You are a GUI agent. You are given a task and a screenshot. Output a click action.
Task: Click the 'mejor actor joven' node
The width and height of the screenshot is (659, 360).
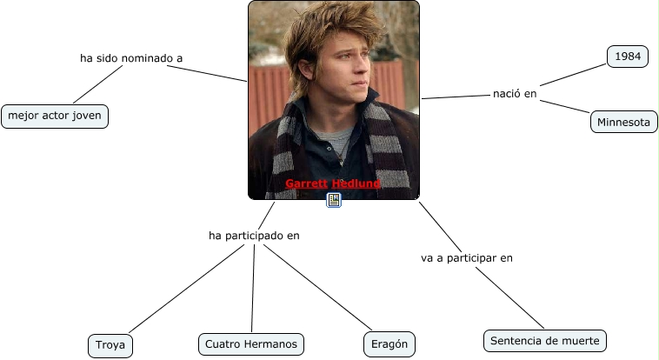[x=55, y=116]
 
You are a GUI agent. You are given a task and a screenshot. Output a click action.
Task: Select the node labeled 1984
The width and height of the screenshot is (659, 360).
[x=627, y=57]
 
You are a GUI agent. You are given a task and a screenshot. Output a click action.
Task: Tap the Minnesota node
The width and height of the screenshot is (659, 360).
[x=623, y=123]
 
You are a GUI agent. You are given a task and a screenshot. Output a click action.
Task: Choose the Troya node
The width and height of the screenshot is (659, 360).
[x=110, y=345]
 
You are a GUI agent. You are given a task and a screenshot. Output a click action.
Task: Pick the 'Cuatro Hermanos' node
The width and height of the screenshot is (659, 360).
[x=251, y=344]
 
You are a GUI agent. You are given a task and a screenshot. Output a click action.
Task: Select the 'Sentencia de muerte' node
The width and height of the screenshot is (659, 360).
[x=544, y=341]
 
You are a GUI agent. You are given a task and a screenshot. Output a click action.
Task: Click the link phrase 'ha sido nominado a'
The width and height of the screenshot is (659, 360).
[x=131, y=58]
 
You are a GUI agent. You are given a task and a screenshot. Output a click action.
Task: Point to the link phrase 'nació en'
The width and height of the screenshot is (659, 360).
[x=515, y=93]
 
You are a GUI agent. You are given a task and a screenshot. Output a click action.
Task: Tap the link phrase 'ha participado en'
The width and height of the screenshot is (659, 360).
[x=254, y=235]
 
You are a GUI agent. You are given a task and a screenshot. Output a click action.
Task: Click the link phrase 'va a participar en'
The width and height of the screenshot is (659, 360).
[x=466, y=257]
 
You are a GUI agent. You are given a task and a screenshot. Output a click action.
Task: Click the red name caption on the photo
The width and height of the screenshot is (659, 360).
[x=333, y=183]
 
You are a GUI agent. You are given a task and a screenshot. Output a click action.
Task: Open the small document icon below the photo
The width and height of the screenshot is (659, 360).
[x=334, y=200]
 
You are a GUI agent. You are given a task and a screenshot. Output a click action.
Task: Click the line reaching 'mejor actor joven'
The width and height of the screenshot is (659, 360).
[x=98, y=85]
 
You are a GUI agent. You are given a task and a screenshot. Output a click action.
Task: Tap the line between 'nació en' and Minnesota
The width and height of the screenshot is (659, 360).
[x=565, y=107]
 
